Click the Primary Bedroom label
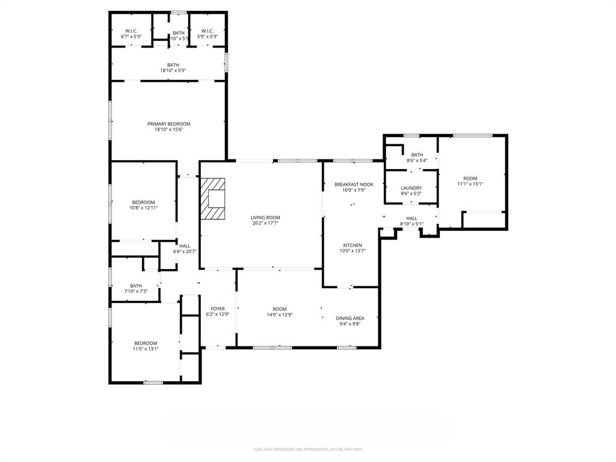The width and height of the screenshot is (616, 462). click(168, 124)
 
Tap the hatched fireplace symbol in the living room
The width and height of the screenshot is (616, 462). click(212, 199)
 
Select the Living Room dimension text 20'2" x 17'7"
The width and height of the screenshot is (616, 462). click(265, 223)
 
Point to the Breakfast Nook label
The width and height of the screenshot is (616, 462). click(354, 184)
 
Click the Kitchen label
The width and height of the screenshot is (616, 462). click(352, 245)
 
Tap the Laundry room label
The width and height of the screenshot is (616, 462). click(411, 188)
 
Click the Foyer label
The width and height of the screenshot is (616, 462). click(217, 309)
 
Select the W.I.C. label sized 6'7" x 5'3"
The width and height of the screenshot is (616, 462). click(132, 31)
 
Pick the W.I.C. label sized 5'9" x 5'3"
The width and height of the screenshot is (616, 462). click(207, 31)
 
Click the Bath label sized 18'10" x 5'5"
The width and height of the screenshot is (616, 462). click(173, 65)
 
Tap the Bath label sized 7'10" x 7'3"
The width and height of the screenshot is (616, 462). click(136, 286)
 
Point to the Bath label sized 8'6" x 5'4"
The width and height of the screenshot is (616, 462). click(417, 155)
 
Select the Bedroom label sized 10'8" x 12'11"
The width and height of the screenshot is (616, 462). click(144, 202)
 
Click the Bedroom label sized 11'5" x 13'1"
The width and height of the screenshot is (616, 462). click(146, 343)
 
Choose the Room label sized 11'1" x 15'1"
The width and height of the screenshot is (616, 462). click(470, 179)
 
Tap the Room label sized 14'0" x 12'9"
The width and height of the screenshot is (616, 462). click(280, 309)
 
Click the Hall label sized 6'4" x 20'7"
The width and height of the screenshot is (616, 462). click(185, 246)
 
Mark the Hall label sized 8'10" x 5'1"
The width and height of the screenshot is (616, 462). click(411, 219)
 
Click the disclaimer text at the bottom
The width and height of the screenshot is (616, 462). click(308, 449)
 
